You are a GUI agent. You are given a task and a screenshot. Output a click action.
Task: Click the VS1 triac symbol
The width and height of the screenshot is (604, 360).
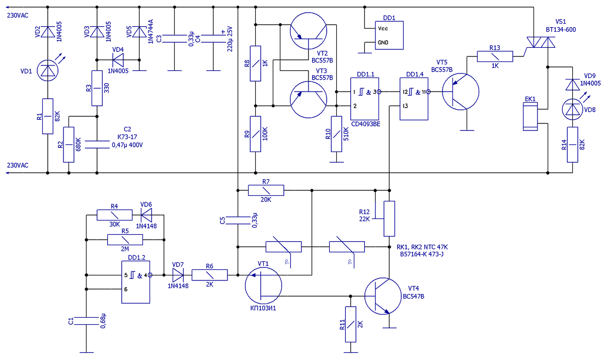click(x=541, y=42)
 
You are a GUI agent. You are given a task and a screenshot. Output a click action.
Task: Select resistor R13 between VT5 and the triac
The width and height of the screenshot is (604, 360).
click(x=495, y=56)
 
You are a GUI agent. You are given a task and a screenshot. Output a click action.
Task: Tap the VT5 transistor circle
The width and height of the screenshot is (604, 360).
click(x=461, y=92)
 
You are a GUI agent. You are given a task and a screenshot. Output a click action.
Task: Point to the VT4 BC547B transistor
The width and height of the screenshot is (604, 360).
click(x=383, y=296)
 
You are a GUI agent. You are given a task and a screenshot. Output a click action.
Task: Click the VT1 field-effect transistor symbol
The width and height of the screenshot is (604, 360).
click(x=263, y=285)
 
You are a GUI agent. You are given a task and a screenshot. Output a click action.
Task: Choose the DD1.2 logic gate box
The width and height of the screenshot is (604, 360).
click(x=135, y=282)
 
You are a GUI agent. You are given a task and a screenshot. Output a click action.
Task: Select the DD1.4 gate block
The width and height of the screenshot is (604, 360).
click(x=414, y=99)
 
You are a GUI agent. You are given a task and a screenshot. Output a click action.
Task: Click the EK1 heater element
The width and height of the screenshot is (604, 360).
click(x=530, y=116)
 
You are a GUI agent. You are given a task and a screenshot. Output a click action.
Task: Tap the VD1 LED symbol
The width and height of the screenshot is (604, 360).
click(x=47, y=70)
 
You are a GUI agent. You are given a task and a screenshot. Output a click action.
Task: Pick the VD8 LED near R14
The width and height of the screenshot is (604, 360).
click(x=572, y=109)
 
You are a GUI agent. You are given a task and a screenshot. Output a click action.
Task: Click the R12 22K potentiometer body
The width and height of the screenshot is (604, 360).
click(x=389, y=219)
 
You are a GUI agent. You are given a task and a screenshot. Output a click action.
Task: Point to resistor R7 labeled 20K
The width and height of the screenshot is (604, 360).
click(x=266, y=190)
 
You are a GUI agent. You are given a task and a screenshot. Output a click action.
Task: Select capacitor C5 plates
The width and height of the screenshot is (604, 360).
click(x=238, y=221)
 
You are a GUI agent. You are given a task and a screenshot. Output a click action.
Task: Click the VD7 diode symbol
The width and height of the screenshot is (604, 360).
click(x=178, y=275)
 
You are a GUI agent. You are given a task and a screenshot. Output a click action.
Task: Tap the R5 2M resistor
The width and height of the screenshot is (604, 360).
click(x=125, y=240)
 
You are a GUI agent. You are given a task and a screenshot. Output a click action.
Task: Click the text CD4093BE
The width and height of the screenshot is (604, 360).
click(x=365, y=124)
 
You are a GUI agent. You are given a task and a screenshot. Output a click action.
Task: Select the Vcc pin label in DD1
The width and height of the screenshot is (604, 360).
click(x=383, y=29)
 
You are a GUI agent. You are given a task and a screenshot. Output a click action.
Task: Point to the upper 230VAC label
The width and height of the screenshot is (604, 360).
click(x=18, y=16)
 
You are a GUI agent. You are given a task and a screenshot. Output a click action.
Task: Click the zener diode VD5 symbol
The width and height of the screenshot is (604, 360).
click(x=139, y=32)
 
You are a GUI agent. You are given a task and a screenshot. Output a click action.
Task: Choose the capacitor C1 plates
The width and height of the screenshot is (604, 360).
click(x=86, y=321)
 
